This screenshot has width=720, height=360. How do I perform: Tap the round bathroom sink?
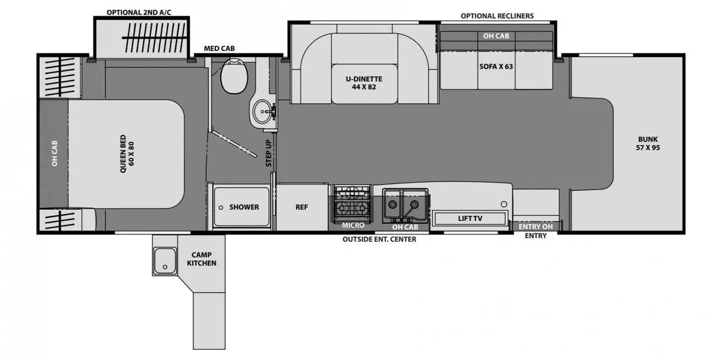(262, 111)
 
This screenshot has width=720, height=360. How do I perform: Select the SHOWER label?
(244, 207)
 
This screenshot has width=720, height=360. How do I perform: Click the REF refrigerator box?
(302, 207)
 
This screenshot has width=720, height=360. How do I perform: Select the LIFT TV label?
(470, 218)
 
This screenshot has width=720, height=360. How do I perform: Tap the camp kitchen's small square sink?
(163, 262)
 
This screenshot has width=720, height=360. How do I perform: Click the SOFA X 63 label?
(496, 67)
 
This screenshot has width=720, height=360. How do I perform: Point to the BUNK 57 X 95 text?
(649, 143)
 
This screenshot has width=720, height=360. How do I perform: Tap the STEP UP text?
(269, 152)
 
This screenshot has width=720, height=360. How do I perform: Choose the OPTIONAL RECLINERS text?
(497, 16)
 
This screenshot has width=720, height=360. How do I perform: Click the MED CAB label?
(219, 49)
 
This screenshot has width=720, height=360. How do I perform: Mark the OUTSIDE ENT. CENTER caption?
(379, 239)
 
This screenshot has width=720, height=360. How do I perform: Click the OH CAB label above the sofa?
(496, 36)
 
